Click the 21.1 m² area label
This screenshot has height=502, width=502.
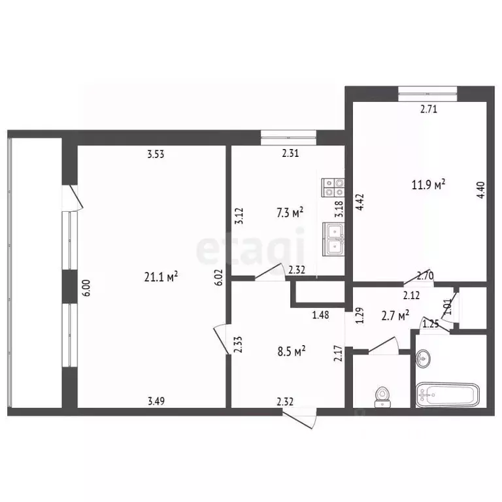[161, 276]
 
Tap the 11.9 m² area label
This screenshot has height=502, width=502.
[428, 184]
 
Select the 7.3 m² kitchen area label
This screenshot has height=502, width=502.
[290, 213]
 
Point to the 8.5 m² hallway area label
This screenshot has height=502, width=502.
[292, 352]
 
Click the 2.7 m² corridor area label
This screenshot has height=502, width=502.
[395, 316]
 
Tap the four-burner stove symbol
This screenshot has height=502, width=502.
[333, 188]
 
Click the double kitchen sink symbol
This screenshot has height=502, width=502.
[333, 239]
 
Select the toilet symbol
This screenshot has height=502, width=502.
[382, 397]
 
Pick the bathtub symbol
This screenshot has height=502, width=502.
[448, 395]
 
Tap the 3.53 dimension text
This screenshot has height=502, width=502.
[156, 154]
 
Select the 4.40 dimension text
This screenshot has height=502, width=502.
[482, 190]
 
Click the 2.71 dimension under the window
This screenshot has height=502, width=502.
[428, 110]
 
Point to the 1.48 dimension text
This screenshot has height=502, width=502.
[320, 315]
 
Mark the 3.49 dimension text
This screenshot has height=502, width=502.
[156, 401]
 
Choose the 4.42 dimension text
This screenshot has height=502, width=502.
[360, 202]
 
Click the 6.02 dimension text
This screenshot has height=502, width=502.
[220, 277]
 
